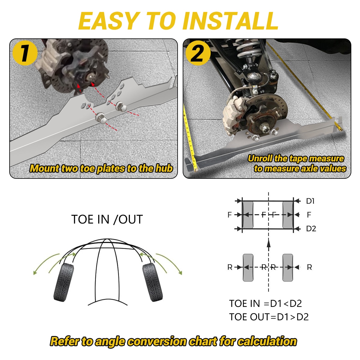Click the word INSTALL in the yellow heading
point(231,21)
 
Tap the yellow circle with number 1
point(25,53)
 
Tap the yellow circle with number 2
point(198,53)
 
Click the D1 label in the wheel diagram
point(310,201)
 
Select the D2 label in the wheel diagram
point(311,229)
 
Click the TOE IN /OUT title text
point(107,219)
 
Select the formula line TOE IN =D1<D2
point(265,303)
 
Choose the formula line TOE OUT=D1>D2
point(269,317)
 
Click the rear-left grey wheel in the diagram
point(248,268)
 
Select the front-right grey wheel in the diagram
point(288,215)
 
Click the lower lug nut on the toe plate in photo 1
point(101,118)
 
